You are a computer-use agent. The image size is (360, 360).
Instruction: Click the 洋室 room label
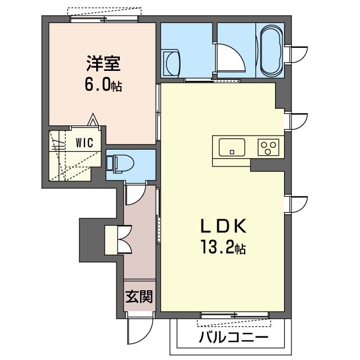coord(103,64)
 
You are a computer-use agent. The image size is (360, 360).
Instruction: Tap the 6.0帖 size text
coord(103,85)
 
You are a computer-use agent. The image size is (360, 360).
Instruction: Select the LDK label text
coord(223,226)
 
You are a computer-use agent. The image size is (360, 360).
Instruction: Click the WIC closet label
coord(85,142)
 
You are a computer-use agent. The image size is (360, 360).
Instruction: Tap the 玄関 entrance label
coord(139,296)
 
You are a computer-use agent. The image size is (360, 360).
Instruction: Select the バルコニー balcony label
coord(233,337)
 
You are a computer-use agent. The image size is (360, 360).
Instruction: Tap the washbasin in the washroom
coord(171,64)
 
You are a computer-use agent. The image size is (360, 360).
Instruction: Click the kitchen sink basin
coord(232,147)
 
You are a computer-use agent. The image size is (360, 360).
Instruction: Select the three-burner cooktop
coord(268,147)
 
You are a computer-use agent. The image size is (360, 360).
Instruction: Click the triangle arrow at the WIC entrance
coord(93,119)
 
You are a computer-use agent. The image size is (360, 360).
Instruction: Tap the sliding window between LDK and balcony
coord(235,315)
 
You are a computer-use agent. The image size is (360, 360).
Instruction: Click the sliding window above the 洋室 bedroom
coord(105,19)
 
